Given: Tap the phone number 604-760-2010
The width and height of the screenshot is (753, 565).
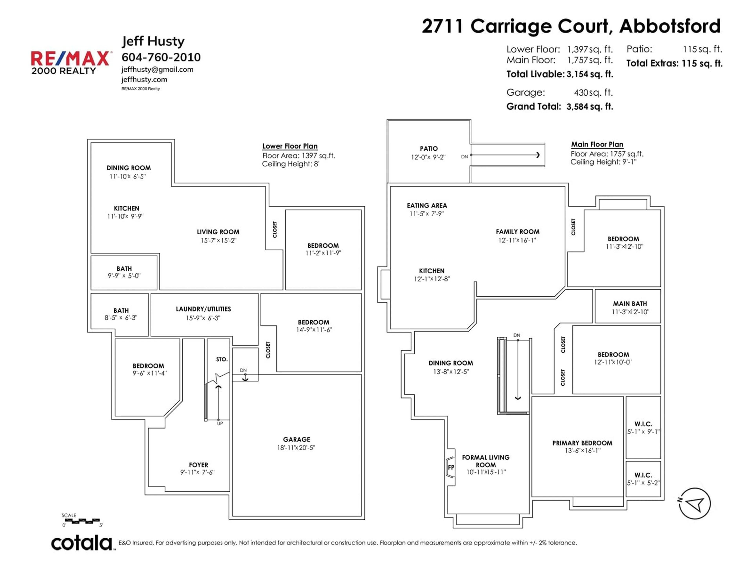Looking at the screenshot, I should [x=161, y=57].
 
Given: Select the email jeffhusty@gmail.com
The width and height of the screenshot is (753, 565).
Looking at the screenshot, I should [x=157, y=69].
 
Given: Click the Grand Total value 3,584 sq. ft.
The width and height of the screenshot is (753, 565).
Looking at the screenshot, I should [x=590, y=107].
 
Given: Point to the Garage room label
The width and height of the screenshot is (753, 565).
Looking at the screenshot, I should [x=296, y=439].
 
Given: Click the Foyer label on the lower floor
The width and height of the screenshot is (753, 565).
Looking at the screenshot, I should [x=198, y=465].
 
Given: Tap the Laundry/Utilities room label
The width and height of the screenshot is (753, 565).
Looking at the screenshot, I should [x=203, y=309].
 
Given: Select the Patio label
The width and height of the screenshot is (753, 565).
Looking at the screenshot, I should [x=429, y=149].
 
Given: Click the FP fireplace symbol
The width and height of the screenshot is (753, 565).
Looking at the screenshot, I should [x=451, y=467].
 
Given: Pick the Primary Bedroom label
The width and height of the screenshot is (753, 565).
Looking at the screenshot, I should [x=582, y=443].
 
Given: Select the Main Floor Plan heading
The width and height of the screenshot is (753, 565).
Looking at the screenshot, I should [x=597, y=144].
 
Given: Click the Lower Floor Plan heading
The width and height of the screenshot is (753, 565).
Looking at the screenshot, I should [x=290, y=146].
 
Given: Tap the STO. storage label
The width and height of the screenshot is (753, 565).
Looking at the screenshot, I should [x=222, y=359].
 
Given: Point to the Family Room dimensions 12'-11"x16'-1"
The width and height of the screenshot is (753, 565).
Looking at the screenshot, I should [x=517, y=240].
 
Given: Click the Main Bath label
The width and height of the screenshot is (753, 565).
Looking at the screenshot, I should [x=630, y=303].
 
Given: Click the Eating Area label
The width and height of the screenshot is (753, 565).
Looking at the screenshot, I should [x=427, y=205].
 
